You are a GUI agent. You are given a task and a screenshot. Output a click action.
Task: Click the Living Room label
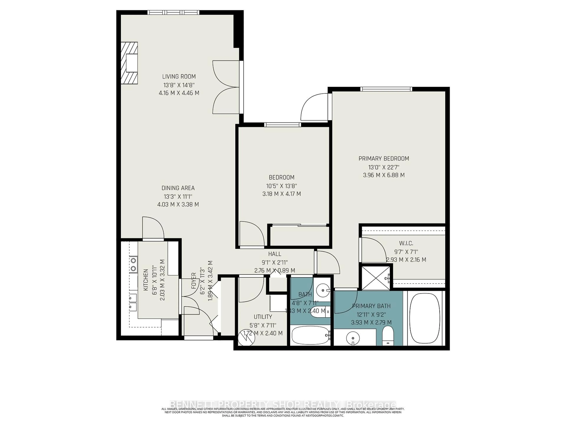pyautogui.click(x=179, y=76)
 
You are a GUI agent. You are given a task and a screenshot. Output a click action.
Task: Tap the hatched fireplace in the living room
pyautogui.click(x=129, y=63)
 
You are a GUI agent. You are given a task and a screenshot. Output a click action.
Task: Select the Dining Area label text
pyautogui.click(x=178, y=188)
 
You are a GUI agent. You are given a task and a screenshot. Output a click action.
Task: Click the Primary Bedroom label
pyautogui.click(x=384, y=159)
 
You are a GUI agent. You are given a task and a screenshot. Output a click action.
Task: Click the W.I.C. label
pyautogui.click(x=406, y=243)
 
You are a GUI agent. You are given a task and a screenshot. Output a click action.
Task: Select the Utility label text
pyautogui.click(x=263, y=317)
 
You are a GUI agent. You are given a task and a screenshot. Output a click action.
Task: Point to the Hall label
pyautogui.click(x=275, y=254)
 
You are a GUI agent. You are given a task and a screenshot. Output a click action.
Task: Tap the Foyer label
pyautogui.click(x=194, y=281)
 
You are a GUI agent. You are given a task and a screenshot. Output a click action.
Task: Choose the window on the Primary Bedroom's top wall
pyautogui.click(x=386, y=89)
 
